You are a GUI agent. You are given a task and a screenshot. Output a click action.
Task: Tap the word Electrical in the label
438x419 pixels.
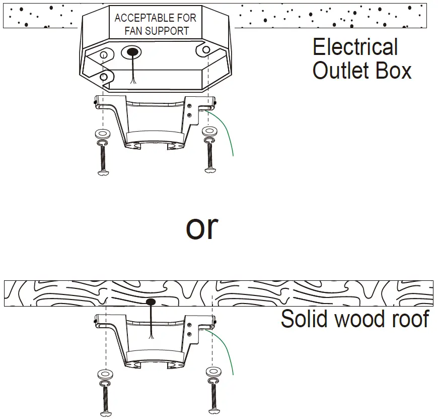coord(355,47)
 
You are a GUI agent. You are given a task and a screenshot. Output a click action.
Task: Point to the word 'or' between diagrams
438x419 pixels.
coord(202,227)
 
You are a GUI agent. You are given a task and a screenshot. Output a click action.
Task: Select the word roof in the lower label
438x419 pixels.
coord(410,319)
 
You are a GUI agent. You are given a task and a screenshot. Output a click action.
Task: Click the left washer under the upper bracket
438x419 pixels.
coord(103,134)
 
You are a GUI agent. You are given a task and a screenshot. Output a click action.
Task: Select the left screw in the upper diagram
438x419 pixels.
coord(103,159)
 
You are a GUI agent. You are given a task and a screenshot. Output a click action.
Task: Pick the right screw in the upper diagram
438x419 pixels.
coord(209,158)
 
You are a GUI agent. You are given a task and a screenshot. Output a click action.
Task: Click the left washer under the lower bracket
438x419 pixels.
coord(105,374)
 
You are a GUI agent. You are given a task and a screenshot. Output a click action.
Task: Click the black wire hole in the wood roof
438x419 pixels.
coord(151,302)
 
